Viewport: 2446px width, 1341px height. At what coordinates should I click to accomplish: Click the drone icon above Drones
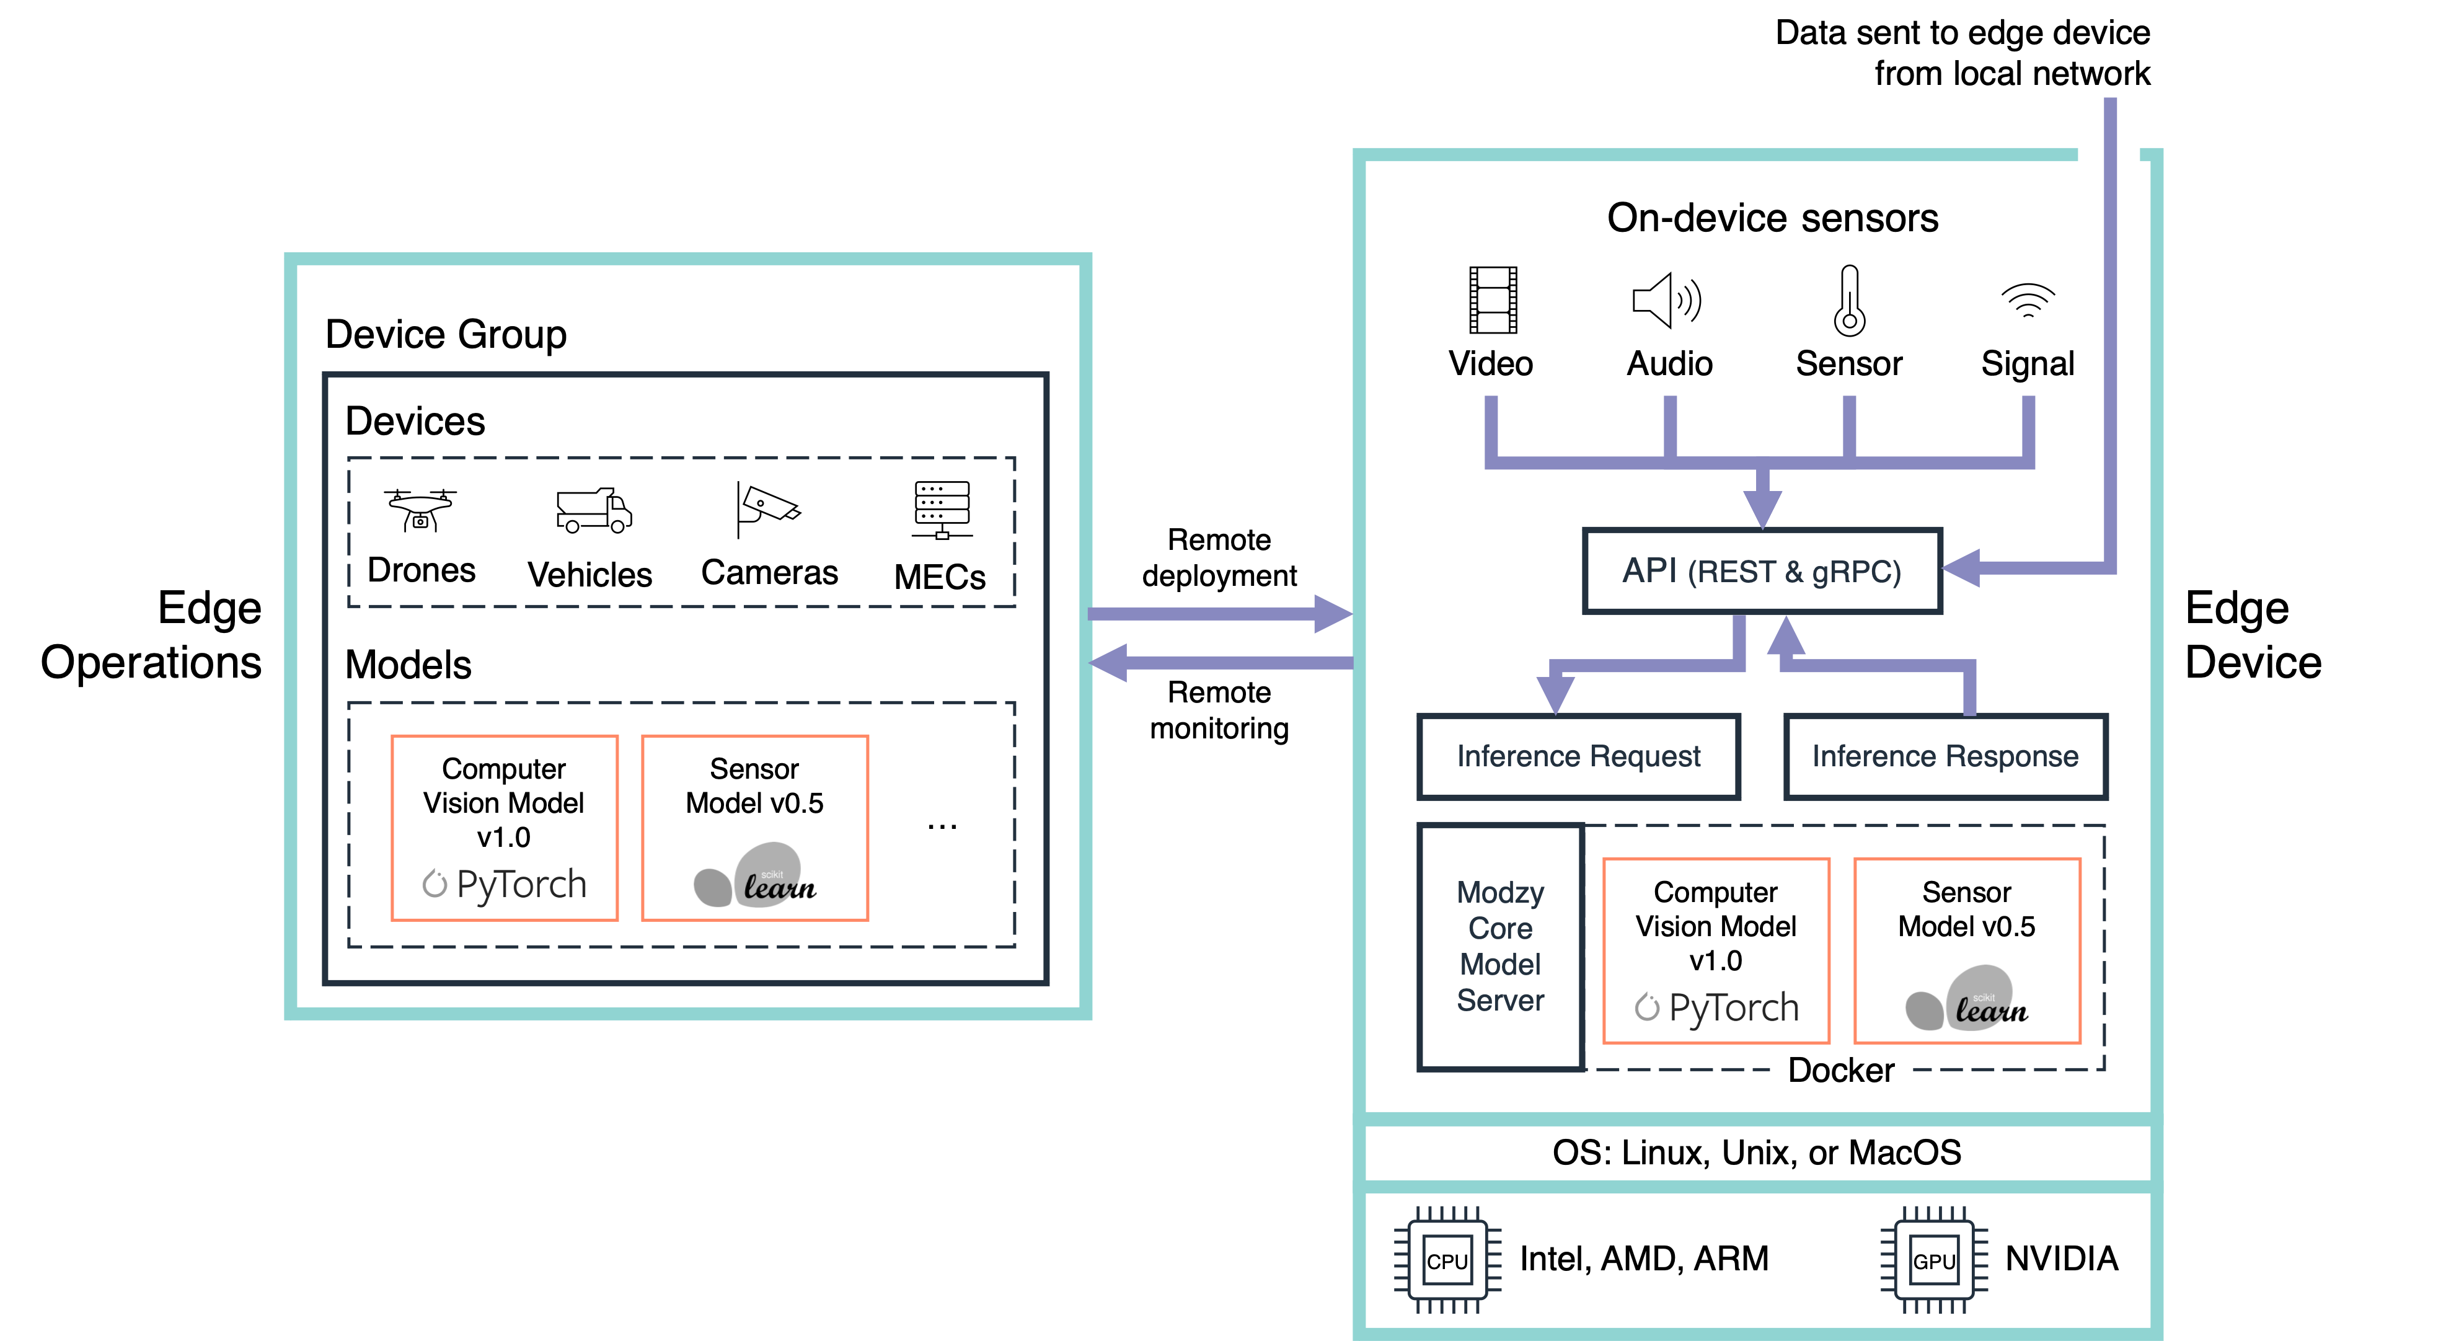420,510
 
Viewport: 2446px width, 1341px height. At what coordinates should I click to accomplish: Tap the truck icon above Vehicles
593,511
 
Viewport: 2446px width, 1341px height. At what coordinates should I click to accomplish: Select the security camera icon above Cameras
768,508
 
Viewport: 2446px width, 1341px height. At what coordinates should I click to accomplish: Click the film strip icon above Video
1493,300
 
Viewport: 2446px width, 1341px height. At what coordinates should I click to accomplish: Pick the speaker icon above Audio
1666,300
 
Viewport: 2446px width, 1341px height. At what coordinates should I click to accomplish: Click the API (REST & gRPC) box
1762,571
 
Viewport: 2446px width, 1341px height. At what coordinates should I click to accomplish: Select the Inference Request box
1578,756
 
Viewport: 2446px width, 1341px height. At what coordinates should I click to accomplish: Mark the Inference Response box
1945,756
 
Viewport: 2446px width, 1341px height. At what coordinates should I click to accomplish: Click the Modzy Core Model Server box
1500,946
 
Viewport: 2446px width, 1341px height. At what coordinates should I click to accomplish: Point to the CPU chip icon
1447,1260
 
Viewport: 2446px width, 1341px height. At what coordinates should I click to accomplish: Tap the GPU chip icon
1934,1260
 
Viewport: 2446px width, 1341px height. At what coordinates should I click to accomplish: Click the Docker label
1840,1070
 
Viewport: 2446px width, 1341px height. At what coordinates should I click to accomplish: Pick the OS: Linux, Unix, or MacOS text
1757,1152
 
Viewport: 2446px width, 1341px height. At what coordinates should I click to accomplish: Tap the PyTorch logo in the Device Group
504,884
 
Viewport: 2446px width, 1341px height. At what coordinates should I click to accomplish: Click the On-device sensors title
1772,218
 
